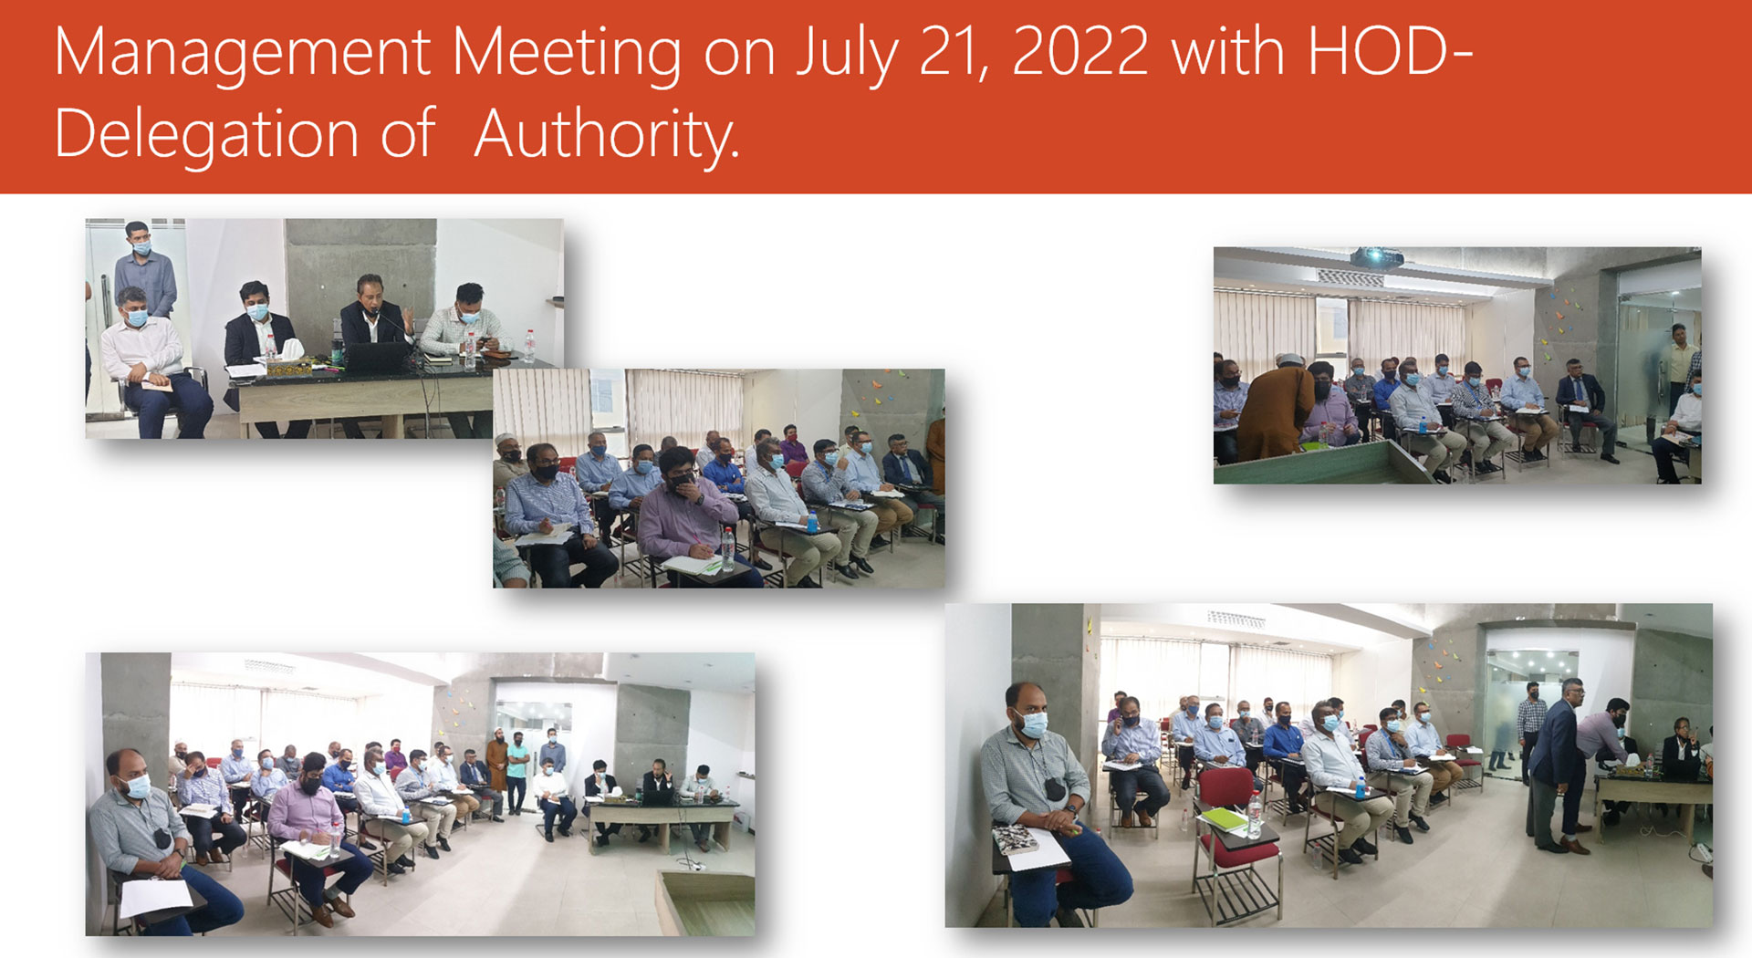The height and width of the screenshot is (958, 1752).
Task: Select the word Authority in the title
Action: (x=606, y=135)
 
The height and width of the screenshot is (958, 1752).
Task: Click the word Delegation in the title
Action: (x=207, y=135)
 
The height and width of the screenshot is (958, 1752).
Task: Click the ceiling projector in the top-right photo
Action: (x=1377, y=257)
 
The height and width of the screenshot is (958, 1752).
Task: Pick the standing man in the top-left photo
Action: (x=145, y=268)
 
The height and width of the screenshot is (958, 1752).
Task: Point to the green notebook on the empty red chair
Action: (x=1223, y=819)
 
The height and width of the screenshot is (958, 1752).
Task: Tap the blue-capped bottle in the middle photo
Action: (x=811, y=523)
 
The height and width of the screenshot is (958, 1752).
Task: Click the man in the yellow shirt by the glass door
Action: (x=1677, y=366)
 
